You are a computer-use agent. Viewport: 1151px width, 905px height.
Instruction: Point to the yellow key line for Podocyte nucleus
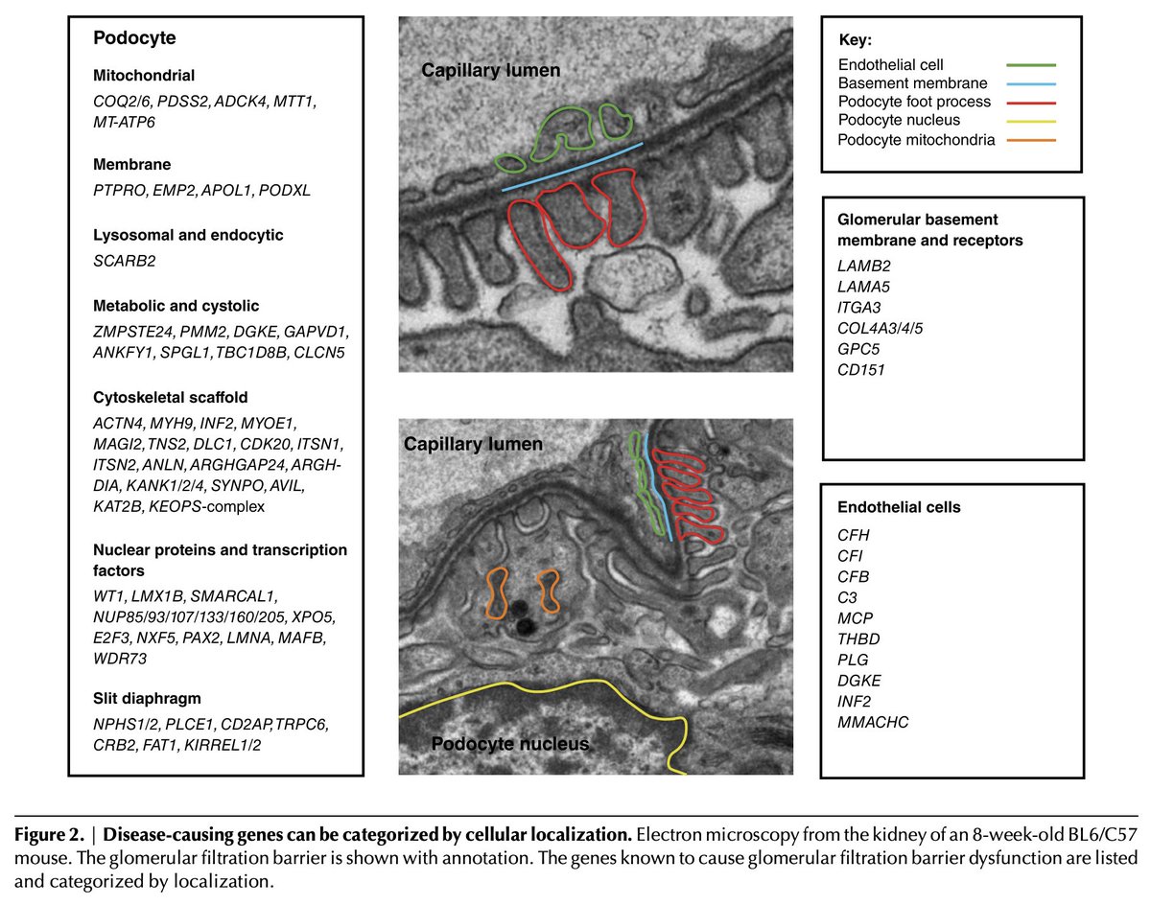pyautogui.click(x=1030, y=122)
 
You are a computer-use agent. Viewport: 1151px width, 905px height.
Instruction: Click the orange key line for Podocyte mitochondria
pyautogui.click(x=1030, y=141)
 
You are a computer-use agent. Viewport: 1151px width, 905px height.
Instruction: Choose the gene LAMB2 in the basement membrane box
pyautogui.click(x=864, y=266)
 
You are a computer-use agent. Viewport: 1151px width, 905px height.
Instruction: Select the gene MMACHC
pyautogui.click(x=873, y=721)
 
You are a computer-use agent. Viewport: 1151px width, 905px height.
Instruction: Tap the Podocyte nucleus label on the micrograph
pyautogui.click(x=509, y=743)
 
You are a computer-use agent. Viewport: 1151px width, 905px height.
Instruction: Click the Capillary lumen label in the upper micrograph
pyautogui.click(x=491, y=70)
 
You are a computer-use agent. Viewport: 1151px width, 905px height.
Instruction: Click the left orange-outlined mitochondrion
pyautogui.click(x=497, y=592)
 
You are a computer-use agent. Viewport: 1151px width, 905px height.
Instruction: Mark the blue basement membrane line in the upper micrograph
pyautogui.click(x=573, y=167)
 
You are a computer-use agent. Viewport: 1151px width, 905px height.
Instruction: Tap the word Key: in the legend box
pyautogui.click(x=857, y=40)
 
